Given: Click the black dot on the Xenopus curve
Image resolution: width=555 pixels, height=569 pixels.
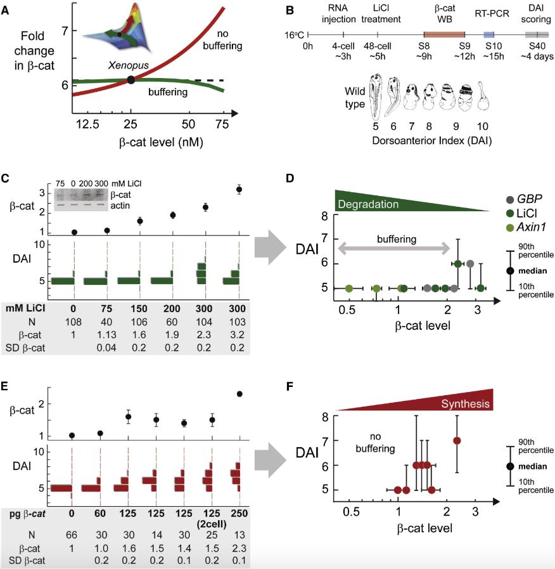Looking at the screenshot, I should point(131,80).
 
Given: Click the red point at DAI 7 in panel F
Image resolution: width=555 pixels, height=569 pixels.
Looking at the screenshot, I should point(457,441).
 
